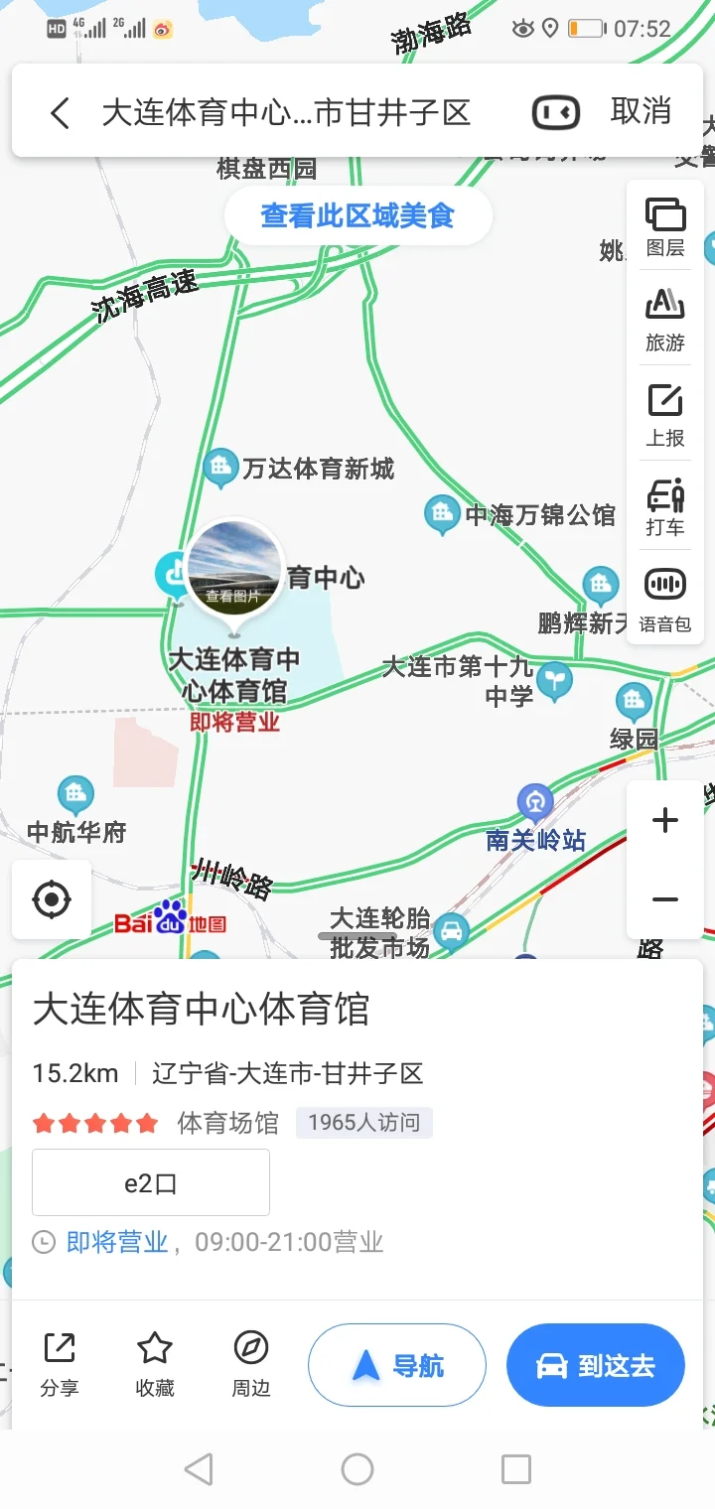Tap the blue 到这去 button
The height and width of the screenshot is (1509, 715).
point(596,1366)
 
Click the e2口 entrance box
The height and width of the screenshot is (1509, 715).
point(151,1182)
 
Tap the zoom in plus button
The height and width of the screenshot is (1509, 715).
point(664,821)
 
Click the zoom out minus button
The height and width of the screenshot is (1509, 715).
point(664,900)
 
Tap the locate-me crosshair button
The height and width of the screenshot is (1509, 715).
point(52,900)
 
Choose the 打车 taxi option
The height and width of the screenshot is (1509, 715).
point(665,506)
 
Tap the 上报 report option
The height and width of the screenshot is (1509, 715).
point(665,414)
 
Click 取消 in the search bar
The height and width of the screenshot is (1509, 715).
point(641,111)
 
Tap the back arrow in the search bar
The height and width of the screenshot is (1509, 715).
point(61,113)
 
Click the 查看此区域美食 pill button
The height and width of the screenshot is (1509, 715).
point(357,215)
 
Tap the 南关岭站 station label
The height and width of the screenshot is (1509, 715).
point(536,840)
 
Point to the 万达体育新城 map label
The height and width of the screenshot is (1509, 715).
point(318,468)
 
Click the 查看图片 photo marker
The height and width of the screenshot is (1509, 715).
point(234,566)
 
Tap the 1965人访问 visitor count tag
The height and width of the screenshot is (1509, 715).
point(363,1123)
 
